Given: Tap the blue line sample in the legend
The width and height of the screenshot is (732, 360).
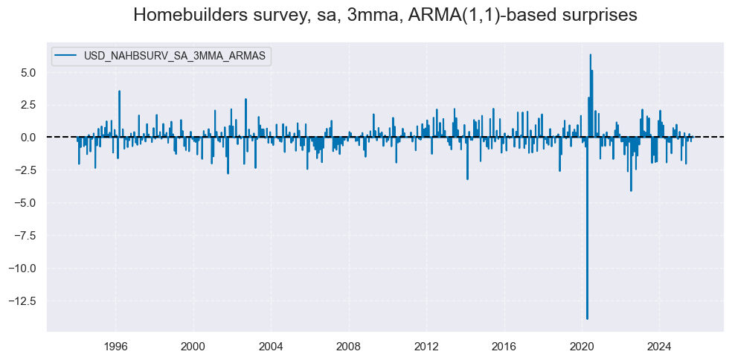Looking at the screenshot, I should [65, 57].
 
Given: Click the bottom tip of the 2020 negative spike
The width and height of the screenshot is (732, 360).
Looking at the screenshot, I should [587, 319].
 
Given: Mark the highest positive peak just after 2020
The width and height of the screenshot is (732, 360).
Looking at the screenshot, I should [590, 54].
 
